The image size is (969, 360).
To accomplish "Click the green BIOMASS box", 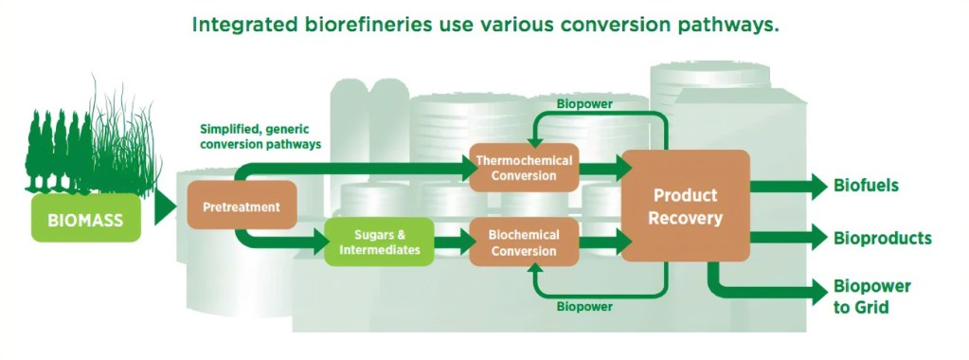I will pos(86,220).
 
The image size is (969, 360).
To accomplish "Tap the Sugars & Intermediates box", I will pos(379,243).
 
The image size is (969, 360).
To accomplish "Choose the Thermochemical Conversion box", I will pos(524,168).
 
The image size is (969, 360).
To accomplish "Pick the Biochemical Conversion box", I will pos(524,242).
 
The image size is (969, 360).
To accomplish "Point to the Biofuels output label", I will pos(866,186).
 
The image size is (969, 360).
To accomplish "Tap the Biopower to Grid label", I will pos(871,296).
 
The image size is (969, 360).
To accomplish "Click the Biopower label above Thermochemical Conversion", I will pos(584,103).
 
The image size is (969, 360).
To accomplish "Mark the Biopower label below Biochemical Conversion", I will pos(584,306).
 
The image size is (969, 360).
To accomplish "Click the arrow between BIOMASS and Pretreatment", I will pos(165,206).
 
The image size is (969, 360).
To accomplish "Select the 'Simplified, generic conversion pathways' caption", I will pos(260,136).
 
